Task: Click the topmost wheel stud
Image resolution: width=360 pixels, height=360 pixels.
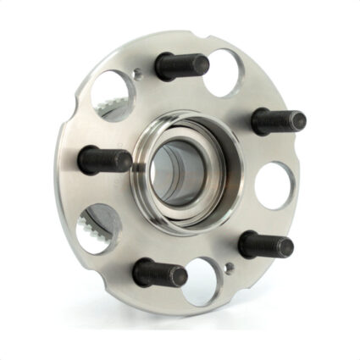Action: coord(181,65)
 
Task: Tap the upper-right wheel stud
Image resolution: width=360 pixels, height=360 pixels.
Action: coord(277,121)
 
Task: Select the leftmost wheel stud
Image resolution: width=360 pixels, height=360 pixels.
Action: coord(105,159)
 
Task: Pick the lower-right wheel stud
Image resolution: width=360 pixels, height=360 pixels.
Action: coord(265,246)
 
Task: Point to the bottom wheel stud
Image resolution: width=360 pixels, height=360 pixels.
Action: coord(159,273)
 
